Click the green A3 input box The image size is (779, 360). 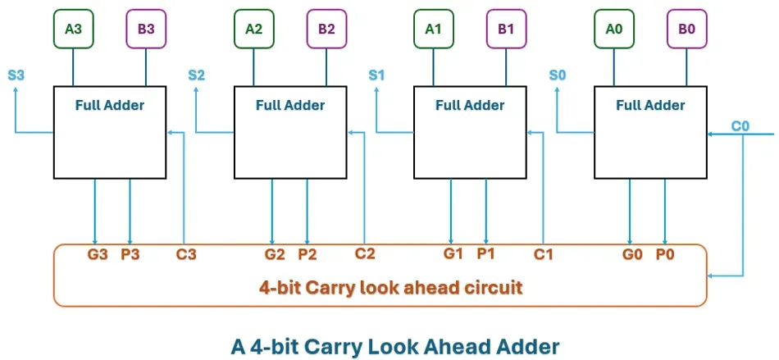point(74,29)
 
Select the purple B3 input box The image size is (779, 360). point(146,29)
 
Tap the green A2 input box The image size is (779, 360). point(254,29)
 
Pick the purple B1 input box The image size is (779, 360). point(506,29)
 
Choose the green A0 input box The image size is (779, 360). point(614,29)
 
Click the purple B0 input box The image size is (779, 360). point(686,29)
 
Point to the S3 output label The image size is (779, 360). point(16,75)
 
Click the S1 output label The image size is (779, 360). point(376,75)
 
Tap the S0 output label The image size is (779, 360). point(557,75)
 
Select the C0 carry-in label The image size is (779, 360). point(740,126)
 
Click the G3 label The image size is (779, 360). point(98,254)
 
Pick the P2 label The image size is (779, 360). point(307,254)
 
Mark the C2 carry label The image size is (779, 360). point(365,254)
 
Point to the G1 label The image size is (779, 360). point(453,253)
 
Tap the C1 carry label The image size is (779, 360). point(544,254)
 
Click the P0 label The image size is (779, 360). point(664,254)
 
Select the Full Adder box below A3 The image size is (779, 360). point(110,133)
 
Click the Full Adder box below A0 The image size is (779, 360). point(650,133)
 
